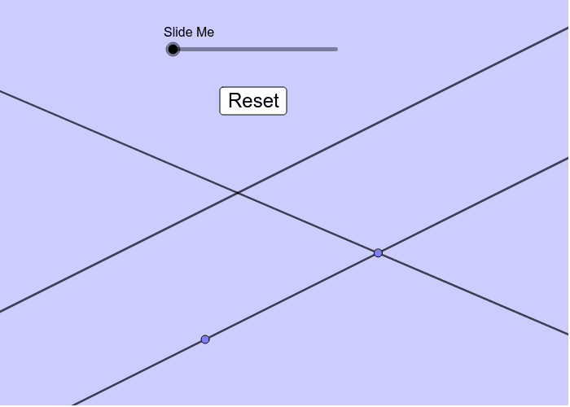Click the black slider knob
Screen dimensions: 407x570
(173, 50)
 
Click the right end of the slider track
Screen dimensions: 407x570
(336, 50)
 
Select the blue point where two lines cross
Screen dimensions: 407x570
(378, 253)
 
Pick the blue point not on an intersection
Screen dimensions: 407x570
(205, 339)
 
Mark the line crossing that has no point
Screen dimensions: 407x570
(238, 193)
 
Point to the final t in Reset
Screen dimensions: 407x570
(275, 101)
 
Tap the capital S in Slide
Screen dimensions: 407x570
(168, 33)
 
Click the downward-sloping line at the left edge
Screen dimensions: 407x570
(2, 92)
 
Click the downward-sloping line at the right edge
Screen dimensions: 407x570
(566, 332)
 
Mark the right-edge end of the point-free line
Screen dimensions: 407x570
(566, 28)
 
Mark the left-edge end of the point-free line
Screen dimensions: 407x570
(2, 310)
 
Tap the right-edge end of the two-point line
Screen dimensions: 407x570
(566, 157)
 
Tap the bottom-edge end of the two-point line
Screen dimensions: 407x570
(75, 404)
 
